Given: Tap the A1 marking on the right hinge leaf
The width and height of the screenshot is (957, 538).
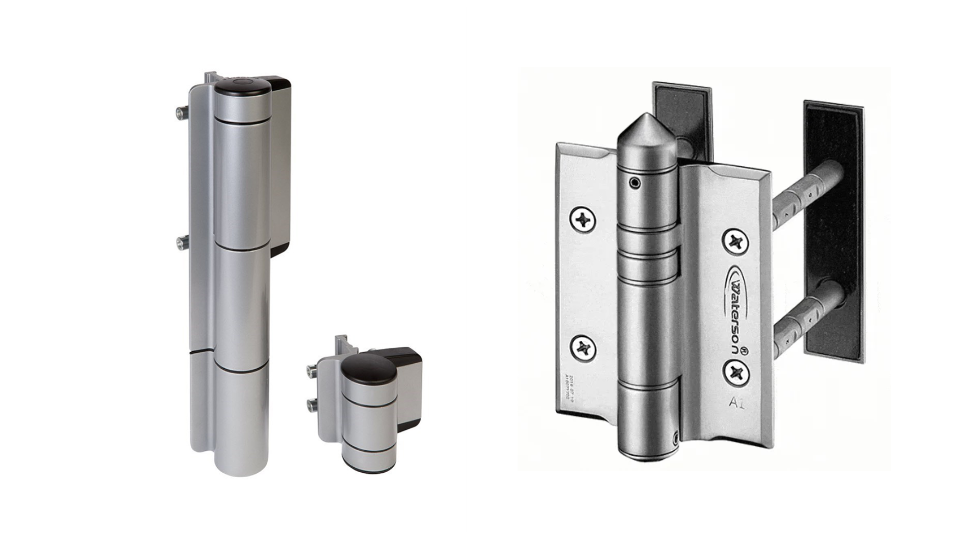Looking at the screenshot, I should pos(737,403).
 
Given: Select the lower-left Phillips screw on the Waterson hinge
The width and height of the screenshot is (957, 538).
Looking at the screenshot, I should pos(583,348).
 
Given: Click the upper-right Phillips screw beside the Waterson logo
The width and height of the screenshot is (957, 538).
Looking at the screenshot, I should pos(736,242).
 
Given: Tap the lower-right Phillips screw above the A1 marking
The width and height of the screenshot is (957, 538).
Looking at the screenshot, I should pos(736,372).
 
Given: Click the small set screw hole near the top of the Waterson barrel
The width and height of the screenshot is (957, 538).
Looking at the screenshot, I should pos(635,183).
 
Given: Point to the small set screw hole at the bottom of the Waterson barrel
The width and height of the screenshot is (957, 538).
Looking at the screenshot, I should pos(675,438).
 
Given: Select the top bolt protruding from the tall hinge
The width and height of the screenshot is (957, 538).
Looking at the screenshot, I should pos(180,113).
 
